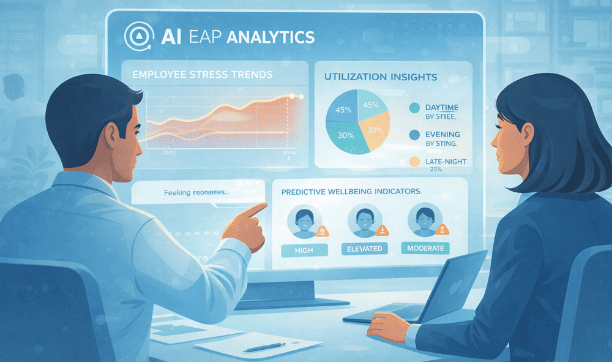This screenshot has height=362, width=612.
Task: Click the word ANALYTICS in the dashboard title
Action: pos(270,37)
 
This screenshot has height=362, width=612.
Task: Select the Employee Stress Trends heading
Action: pos(203,75)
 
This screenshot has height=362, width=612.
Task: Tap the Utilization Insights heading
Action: pos(380,77)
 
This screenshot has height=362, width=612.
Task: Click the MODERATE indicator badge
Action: pos(425,248)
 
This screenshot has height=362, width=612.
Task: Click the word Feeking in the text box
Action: pos(177,193)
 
